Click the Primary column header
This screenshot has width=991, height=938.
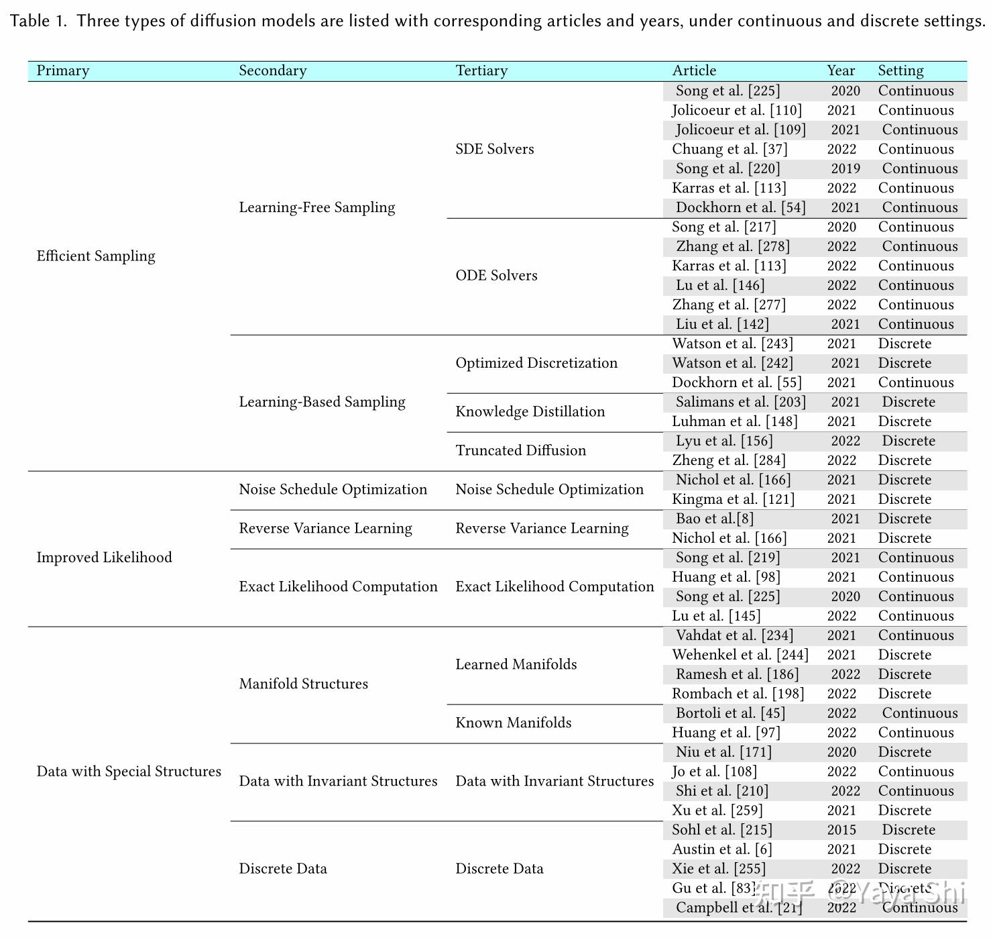[63, 71]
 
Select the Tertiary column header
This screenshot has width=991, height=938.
[481, 71]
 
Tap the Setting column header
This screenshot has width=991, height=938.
[900, 71]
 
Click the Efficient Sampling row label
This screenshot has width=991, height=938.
[96, 256]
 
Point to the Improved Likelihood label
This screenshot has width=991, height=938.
[104, 558]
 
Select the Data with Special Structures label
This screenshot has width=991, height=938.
[129, 772]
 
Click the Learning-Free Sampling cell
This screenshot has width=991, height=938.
[317, 208]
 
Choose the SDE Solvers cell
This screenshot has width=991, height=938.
[495, 150]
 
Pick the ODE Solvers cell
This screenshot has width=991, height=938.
[496, 276]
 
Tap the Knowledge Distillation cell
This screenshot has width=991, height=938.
[530, 412]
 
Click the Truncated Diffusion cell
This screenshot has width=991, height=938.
[521, 451]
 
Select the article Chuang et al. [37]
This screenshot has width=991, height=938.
[730, 150]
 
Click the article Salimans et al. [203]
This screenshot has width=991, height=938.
[741, 403]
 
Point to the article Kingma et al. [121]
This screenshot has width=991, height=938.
[733, 500]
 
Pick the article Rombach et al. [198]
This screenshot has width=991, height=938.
[738, 694]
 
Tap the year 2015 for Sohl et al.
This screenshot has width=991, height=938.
[841, 831]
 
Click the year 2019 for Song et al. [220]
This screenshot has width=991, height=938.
[846, 169]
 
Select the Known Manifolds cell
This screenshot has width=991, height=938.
[514, 723]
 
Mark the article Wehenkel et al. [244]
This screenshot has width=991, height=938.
[740, 656]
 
